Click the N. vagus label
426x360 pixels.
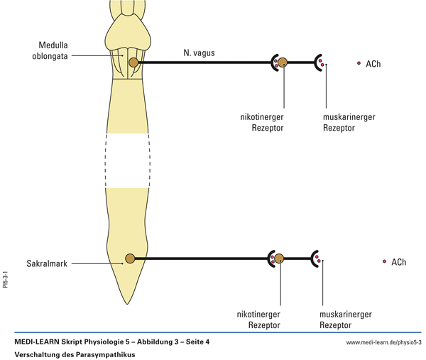click(x=199, y=52)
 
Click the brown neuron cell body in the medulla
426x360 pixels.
click(x=133, y=62)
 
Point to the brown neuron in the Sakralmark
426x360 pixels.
click(x=130, y=258)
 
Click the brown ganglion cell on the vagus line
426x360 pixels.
click(x=283, y=62)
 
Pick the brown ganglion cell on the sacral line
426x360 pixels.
click(x=279, y=258)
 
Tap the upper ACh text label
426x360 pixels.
click(x=373, y=64)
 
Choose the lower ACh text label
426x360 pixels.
click(x=398, y=262)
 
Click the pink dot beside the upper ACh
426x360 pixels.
click(x=359, y=63)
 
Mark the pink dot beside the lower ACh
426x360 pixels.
click(x=384, y=261)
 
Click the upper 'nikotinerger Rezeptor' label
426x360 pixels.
click(x=262, y=122)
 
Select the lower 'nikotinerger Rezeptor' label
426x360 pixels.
click(x=258, y=319)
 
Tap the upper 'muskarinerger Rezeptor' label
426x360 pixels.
click(x=348, y=122)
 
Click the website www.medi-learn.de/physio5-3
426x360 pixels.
click(x=383, y=342)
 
